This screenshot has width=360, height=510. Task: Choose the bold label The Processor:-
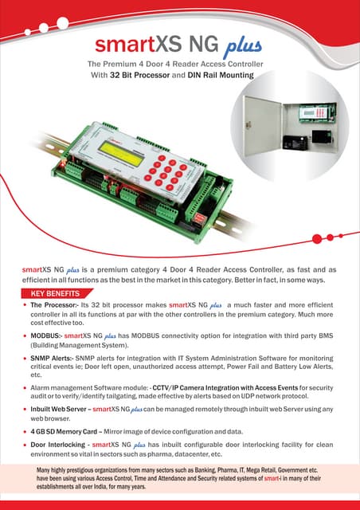54,305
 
